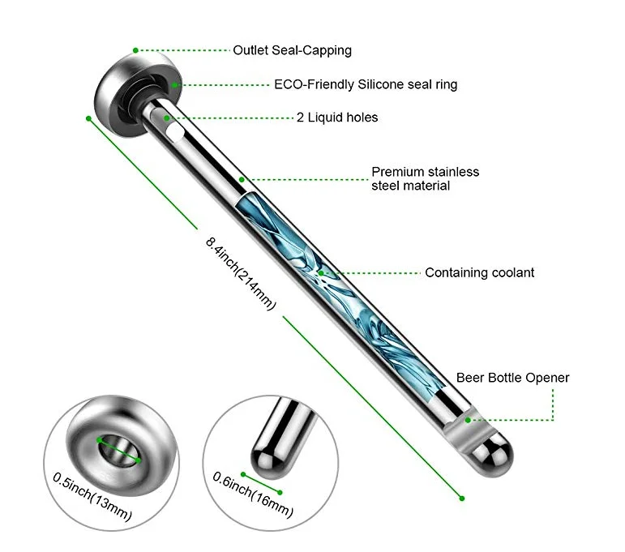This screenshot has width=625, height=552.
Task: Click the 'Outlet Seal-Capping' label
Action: pyautogui.click(x=292, y=50)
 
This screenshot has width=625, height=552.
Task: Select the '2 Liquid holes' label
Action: pyautogui.click(x=336, y=118)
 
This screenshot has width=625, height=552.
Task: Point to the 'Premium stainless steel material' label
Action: pyautogui.click(x=425, y=178)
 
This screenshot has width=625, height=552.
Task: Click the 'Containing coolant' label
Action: pyautogui.click(x=479, y=273)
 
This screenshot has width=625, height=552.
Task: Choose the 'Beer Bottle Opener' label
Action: pyautogui.click(x=512, y=378)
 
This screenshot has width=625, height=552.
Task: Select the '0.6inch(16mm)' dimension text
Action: pyautogui.click(x=252, y=494)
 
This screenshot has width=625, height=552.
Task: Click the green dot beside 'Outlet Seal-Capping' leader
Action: pyautogui.click(x=136, y=50)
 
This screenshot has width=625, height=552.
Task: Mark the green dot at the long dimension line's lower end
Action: pyautogui.click(x=462, y=497)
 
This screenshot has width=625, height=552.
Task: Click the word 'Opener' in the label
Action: pyautogui.click(x=548, y=378)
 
